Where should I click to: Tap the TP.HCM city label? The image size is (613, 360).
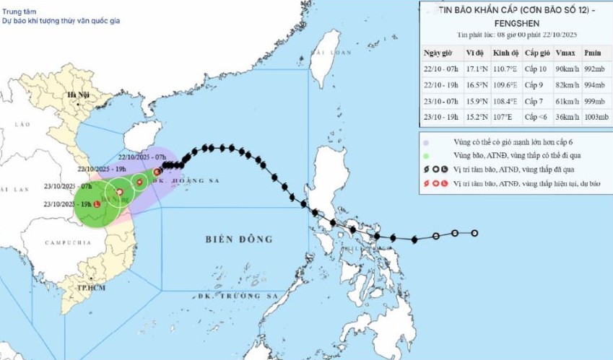click(x=89, y=288)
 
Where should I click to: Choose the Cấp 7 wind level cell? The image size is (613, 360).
click(x=536, y=101)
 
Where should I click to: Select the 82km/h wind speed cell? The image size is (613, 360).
click(x=567, y=85)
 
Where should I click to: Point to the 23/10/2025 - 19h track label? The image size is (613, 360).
click(x=68, y=204)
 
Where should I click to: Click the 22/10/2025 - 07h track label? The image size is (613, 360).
click(x=143, y=157)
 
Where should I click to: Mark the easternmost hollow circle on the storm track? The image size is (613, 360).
click(x=475, y=233)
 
